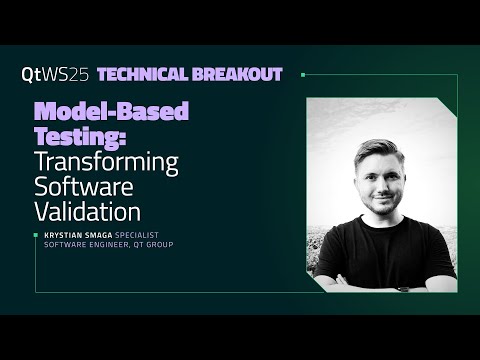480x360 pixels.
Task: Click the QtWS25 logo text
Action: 56,74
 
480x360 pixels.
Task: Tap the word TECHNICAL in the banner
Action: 160,74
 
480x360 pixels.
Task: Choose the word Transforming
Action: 106,162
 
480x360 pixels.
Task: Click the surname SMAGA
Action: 113,236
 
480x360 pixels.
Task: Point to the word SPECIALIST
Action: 154,236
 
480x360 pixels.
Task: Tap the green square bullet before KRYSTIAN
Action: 36,236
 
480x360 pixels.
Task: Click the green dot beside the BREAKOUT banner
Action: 303,74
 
